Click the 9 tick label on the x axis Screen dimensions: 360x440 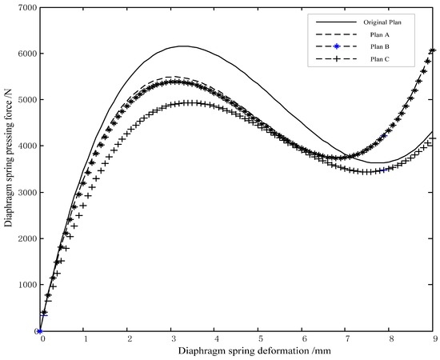coord(433,340)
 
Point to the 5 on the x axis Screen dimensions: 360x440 coord(259,340)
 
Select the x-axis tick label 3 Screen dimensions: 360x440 coord(172,340)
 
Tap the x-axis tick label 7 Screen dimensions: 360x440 coord(346,340)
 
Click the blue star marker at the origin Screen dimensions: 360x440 coord(41,331)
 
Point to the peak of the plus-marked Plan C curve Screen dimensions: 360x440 coord(189,102)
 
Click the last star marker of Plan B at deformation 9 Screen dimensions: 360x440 coord(433,50)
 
